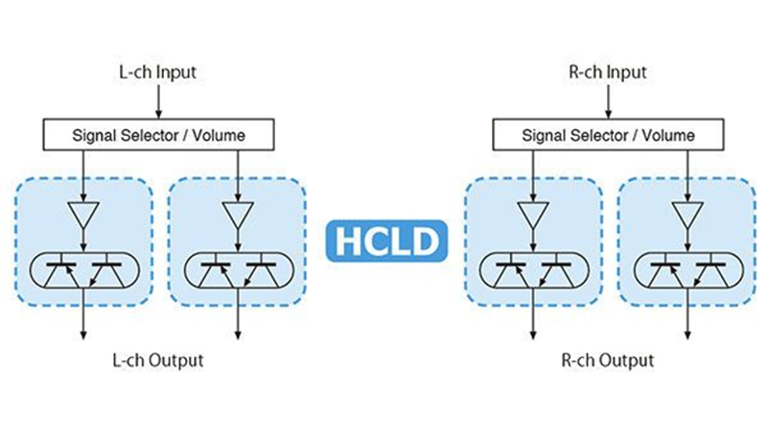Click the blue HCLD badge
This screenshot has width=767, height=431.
click(x=383, y=239)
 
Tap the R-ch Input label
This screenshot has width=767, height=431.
click(x=608, y=73)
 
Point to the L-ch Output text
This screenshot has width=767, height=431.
click(x=158, y=360)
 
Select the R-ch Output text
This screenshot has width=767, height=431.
click(x=608, y=360)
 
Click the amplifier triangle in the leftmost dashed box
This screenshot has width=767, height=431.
click(x=83, y=216)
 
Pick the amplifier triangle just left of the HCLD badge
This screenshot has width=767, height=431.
click(x=235, y=216)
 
